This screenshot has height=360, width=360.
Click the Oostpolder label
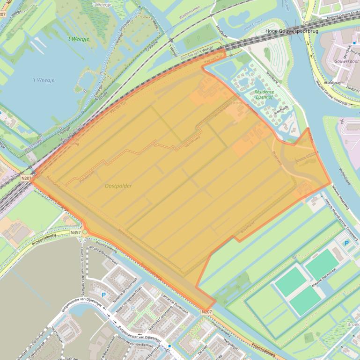coord(118,186)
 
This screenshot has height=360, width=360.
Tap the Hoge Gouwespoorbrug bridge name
coord(292,31)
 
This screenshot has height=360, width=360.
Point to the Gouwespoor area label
coord(346,61)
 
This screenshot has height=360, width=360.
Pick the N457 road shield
coord(76,232)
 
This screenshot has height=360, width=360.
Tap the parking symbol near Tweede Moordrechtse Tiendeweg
coord(346,243)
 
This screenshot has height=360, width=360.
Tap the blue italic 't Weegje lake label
coord(44,80)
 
